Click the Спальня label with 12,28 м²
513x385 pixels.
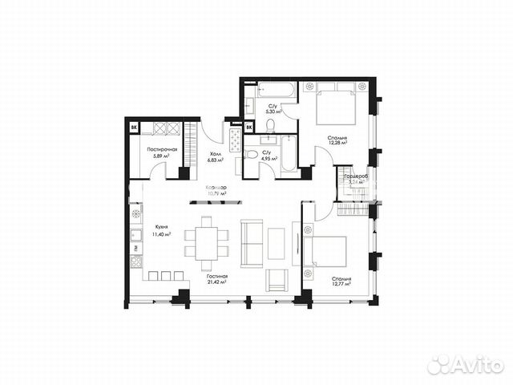(x=337, y=139)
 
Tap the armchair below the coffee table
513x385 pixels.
(x=276, y=281)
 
